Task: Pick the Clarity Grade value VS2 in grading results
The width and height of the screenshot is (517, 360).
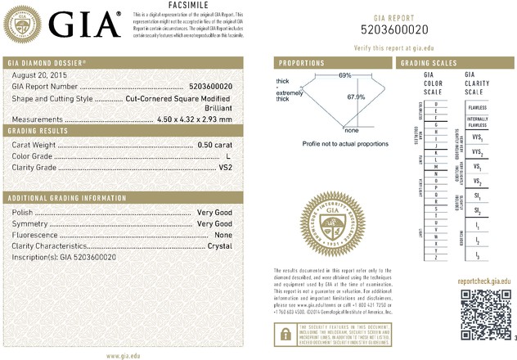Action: click(224, 166)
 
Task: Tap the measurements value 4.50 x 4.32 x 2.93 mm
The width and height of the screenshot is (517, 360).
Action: click(194, 119)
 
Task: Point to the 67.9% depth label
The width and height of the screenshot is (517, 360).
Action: click(354, 97)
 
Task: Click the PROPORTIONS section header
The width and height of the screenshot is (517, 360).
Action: click(303, 63)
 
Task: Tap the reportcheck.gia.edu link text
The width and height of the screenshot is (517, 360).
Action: click(483, 280)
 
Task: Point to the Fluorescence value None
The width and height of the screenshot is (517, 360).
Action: click(223, 234)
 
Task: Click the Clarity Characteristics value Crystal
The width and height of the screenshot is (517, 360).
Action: click(219, 245)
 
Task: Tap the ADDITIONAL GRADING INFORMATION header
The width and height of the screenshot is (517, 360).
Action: click(61, 199)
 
